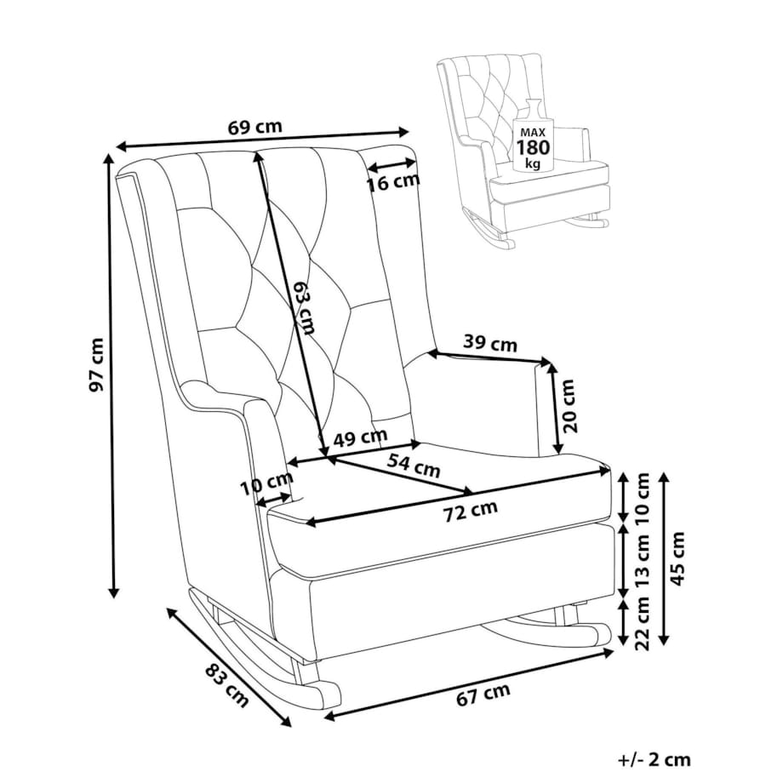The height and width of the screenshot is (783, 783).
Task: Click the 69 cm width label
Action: coord(255,127)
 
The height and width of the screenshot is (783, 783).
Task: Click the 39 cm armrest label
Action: coord(489,344)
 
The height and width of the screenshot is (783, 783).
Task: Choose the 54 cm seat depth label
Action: coord(414,466)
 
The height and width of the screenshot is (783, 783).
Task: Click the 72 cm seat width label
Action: coord(471,510)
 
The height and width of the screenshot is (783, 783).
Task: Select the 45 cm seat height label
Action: coord(678,559)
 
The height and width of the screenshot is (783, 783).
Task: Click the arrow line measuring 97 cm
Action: coord(111,374)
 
